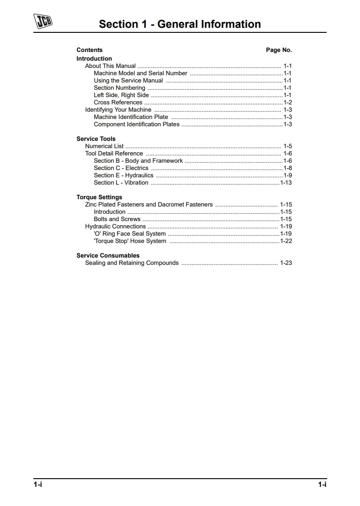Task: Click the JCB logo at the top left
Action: pos(43,21)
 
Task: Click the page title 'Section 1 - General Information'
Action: pos(180,24)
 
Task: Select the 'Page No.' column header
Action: pos(279,50)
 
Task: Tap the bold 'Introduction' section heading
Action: pos(94,59)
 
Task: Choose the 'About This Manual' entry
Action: pos(110,66)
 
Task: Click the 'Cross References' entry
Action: pos(118,103)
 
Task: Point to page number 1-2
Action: pos(287,103)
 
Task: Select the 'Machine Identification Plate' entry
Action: pos(131,117)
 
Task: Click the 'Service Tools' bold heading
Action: pos(96,139)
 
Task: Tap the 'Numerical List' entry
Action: pos(104,146)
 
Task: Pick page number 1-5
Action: pos(287,146)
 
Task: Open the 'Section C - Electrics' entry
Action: pos(121,168)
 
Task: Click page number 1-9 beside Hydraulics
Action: pos(287,176)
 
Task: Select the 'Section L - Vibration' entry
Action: pos(121,183)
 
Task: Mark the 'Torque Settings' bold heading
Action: pos(99,197)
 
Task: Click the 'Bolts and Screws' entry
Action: pos(117,219)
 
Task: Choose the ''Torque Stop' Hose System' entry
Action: pos(130,241)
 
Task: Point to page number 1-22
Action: pos(286,241)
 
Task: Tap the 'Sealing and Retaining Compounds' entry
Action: pos(132,263)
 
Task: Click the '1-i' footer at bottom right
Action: pos(322,485)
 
